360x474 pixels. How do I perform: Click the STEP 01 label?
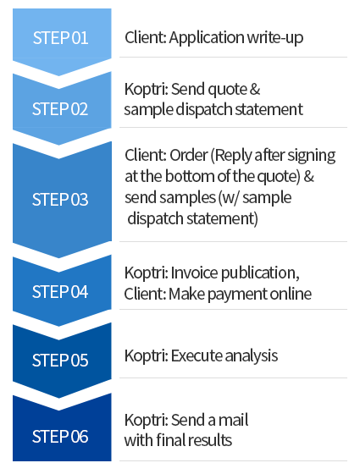[60, 38]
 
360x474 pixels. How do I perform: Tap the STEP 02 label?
[60, 109]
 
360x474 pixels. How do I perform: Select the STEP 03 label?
[60, 200]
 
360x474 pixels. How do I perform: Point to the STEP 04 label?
[60, 292]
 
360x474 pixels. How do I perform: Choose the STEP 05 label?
[60, 361]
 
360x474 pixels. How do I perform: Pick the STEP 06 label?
[60, 437]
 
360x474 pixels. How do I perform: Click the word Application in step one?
[207, 38]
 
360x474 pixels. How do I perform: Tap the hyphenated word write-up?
[275, 38]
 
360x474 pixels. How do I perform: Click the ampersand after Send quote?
[255, 90]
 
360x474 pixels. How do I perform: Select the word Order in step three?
[188, 156]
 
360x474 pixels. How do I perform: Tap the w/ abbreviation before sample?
[231, 198]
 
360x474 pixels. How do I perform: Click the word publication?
[260, 273]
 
